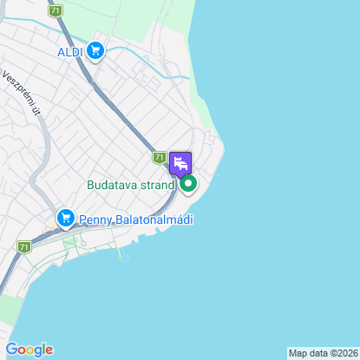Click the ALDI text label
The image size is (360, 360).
point(69,52)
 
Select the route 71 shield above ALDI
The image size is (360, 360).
point(56,11)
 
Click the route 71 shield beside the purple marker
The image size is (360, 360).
point(159,158)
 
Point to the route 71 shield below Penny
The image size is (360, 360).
point(23,247)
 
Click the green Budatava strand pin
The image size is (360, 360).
point(187,183)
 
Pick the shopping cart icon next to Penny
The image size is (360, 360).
point(65,219)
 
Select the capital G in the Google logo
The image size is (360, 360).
point(10,350)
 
